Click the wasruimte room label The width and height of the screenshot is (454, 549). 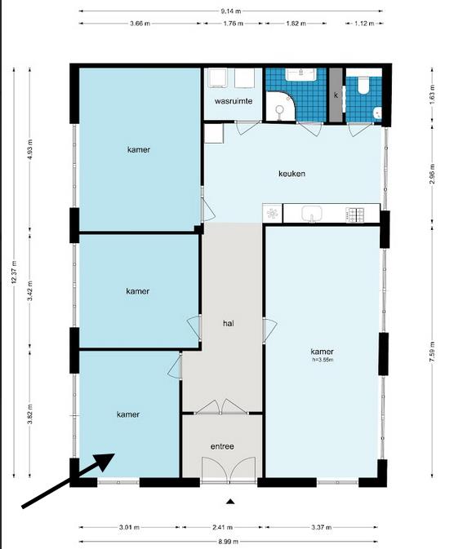click(234, 101)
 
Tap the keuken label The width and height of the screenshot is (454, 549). click(292, 173)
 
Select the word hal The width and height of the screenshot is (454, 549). click(229, 323)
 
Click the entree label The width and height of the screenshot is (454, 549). click(222, 446)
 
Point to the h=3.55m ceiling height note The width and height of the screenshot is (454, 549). click(323, 360)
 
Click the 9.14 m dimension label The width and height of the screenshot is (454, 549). click(231, 11)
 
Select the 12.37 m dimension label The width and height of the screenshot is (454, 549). click(14, 272)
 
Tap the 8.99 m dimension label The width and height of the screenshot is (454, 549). click(229, 542)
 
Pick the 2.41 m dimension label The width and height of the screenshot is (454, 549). click(223, 527)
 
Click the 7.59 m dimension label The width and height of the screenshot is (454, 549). click(432, 352)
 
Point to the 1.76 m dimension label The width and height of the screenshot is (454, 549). click(234, 24)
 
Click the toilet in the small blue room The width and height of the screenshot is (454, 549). click(363, 85)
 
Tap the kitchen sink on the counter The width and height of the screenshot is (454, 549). click(312, 213)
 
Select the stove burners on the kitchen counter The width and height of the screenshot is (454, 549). click(354, 215)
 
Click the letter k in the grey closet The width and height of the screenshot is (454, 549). click(336, 95)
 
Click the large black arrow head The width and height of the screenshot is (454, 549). click(105, 461)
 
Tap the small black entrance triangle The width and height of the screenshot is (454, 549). click(230, 502)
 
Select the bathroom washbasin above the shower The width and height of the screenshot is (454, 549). click(300, 74)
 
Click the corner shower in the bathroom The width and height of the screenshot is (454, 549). click(281, 106)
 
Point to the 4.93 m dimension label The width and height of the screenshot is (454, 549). click(29, 149)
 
